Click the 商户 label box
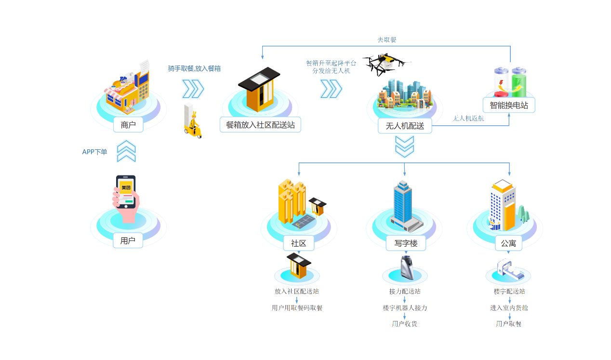128,125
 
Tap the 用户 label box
128,240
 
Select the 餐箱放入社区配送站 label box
260,125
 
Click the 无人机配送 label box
405,126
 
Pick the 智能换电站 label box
509,105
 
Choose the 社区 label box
299,243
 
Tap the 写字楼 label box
405,243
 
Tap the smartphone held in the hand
126,191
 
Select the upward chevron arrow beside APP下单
126,151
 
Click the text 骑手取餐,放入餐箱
194,68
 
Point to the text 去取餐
387,40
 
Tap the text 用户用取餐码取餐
297,307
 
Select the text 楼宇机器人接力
405,307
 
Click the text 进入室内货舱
509,307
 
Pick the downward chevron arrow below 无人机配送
404,147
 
